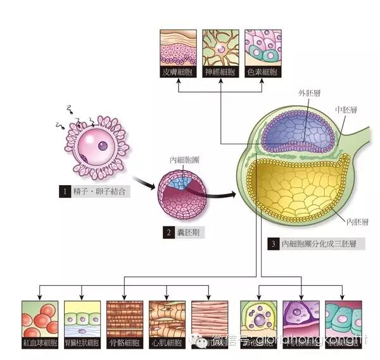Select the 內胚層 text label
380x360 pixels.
[358, 221]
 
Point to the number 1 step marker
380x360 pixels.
[63, 190]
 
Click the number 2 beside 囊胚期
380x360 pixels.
[169, 233]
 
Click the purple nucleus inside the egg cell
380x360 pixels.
[102, 146]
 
